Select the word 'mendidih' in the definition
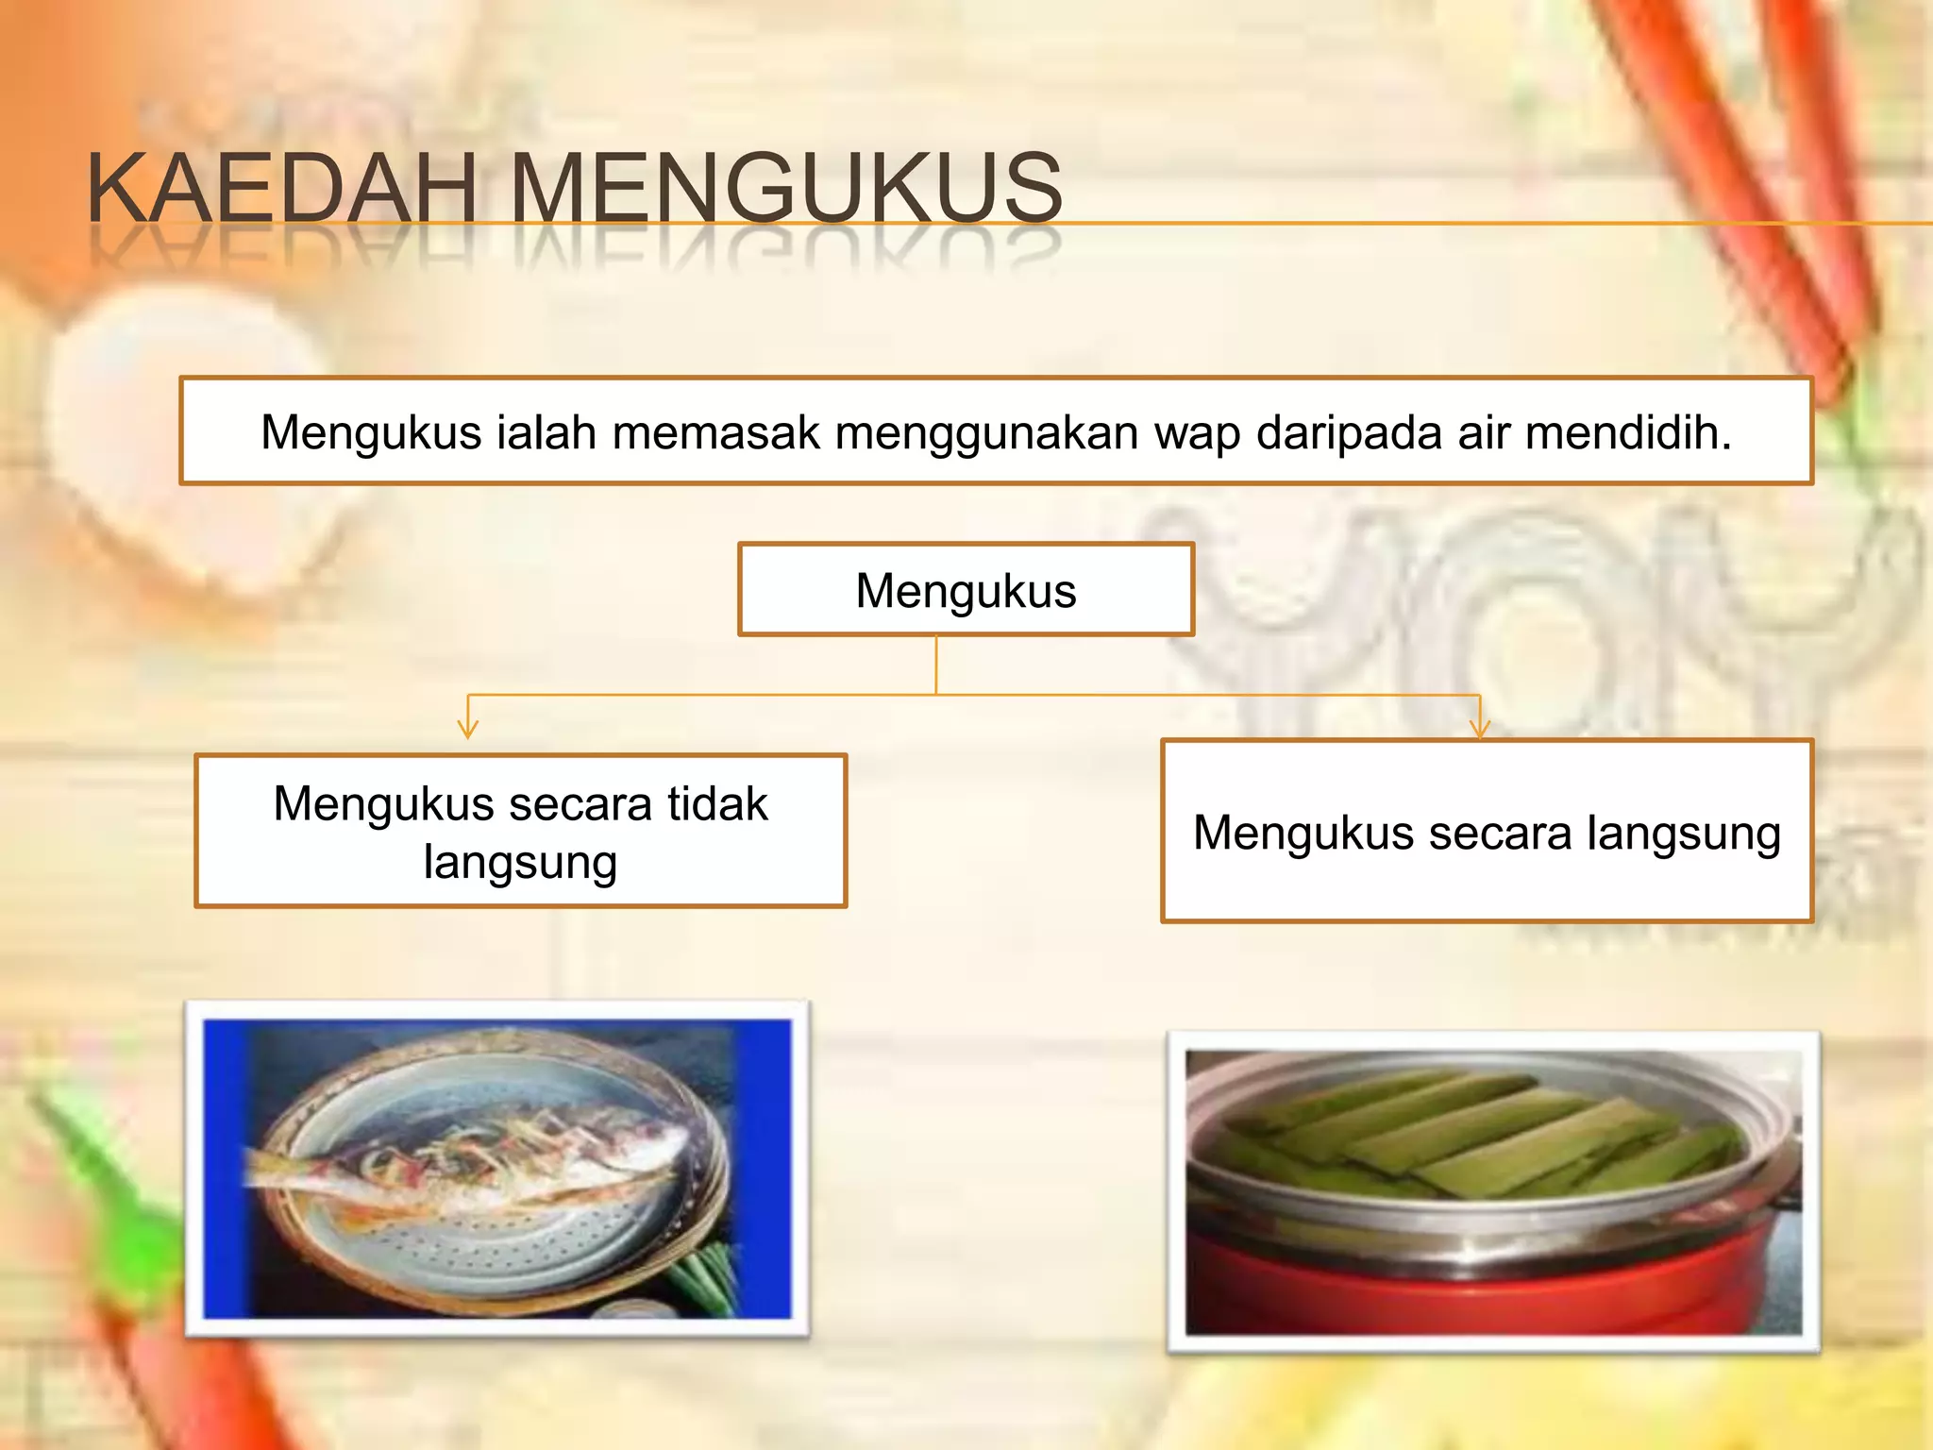coord(1627,432)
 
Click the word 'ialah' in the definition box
coord(546,432)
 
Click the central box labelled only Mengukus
coord(966,590)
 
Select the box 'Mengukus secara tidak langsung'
coord(520,831)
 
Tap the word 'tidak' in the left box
coord(717,804)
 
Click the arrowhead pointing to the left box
coord(467,729)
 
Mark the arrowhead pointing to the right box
coord(1479,729)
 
